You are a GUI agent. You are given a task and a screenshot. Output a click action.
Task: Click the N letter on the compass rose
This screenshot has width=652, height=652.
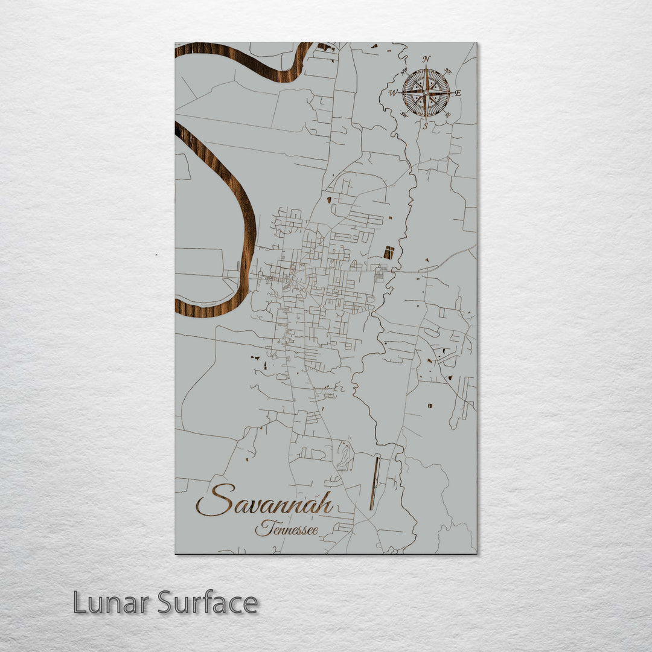click(427, 59)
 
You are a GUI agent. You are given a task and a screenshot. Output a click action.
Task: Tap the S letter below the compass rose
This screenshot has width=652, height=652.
click(425, 126)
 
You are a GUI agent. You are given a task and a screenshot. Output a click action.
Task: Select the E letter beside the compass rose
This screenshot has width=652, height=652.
click(458, 93)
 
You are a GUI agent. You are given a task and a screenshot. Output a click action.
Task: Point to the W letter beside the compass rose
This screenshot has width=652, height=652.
click(393, 93)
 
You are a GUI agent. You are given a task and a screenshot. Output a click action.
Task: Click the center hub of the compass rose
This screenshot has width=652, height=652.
click(426, 92)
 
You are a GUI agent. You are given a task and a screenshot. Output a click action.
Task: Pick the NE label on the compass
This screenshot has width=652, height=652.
click(447, 71)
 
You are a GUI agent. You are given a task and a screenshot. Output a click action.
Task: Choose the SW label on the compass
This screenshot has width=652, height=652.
click(404, 115)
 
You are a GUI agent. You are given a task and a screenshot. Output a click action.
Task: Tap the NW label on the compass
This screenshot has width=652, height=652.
click(404, 71)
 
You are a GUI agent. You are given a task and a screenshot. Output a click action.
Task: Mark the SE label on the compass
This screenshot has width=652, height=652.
click(447, 115)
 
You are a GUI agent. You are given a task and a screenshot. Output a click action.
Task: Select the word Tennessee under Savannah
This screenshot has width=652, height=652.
click(287, 529)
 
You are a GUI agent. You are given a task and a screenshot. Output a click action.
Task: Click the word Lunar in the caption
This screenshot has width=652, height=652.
click(112, 602)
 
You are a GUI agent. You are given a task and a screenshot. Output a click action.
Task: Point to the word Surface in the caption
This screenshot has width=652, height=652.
click(208, 602)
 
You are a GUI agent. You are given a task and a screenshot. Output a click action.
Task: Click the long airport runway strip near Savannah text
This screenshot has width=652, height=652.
click(375, 482)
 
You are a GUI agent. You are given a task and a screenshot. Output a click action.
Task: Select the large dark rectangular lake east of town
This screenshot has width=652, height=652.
click(389, 252)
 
